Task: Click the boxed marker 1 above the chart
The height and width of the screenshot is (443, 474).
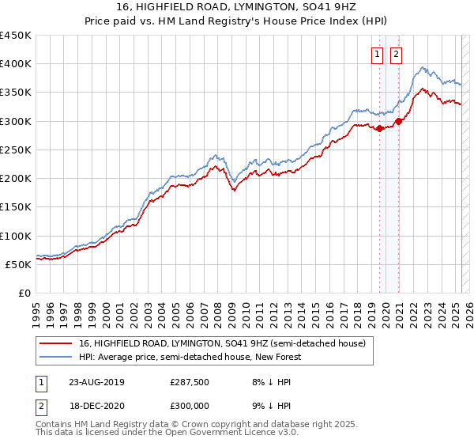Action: click(378, 55)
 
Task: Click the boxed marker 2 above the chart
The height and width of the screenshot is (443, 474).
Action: click(396, 55)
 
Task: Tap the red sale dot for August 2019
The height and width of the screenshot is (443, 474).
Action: click(380, 128)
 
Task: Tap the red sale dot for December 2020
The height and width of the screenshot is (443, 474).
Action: click(399, 121)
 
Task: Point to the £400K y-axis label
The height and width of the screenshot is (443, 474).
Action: click(16, 64)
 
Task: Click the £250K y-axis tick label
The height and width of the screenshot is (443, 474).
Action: click(16, 150)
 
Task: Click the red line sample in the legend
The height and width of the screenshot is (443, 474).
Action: click(56, 344)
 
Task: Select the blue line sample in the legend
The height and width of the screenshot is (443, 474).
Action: click(56, 358)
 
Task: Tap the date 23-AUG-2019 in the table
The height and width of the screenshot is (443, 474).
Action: click(96, 382)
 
